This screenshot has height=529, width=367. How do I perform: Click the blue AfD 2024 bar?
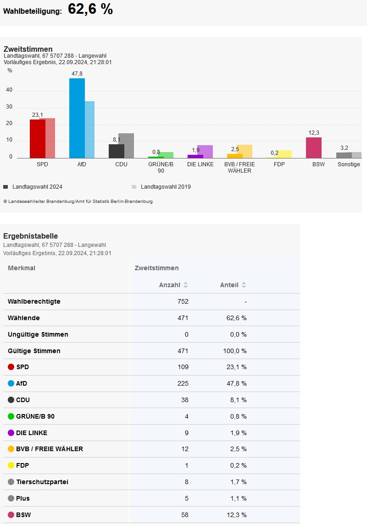click(77, 118)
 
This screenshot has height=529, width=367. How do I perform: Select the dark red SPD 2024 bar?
click(37, 139)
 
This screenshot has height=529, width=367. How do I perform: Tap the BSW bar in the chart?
click(314, 147)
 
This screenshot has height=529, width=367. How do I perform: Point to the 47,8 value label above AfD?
click(77, 74)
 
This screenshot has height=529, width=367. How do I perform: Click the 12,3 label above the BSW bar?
click(314, 133)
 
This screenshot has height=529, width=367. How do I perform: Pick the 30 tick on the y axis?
click(9, 107)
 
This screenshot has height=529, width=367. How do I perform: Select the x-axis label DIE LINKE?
click(200, 164)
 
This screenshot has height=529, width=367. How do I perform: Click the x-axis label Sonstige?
click(349, 164)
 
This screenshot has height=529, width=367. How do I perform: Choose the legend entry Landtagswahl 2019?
click(165, 187)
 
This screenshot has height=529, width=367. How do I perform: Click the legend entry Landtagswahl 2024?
click(37, 187)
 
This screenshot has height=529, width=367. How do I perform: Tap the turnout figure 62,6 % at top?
click(90, 9)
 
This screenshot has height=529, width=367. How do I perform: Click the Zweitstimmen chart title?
click(28, 49)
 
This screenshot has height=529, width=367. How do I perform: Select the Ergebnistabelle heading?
click(31, 236)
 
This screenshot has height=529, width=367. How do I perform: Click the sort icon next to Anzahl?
click(185, 285)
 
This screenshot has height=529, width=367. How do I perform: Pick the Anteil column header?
click(229, 285)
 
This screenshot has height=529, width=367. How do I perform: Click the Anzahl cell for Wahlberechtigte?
click(183, 301)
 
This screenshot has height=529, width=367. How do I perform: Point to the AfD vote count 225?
click(183, 383)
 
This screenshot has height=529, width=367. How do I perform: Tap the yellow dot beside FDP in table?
click(11, 466)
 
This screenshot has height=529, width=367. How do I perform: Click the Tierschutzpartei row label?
click(42, 482)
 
